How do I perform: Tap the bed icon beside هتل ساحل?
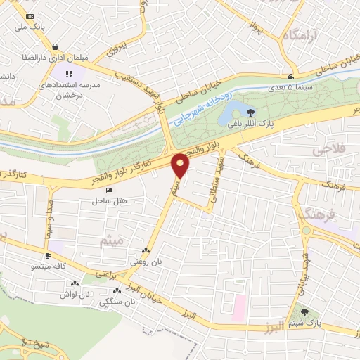tap(108, 190)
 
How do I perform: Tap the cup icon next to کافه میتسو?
tap(47, 256)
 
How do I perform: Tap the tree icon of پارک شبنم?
tap(304, 312)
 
